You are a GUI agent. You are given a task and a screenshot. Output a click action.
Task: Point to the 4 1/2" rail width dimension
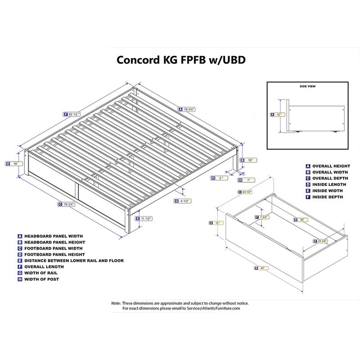coord(185,201)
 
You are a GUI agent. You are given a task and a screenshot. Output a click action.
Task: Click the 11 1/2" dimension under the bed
coord(145,218)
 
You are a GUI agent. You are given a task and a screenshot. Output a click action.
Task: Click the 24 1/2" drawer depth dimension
coord(247,192)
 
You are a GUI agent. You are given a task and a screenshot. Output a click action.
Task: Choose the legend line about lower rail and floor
coord(74,261)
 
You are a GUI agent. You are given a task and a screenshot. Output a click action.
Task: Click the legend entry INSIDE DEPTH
coord(327,197)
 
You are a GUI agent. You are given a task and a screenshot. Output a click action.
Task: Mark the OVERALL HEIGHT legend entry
coord(331,166)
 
